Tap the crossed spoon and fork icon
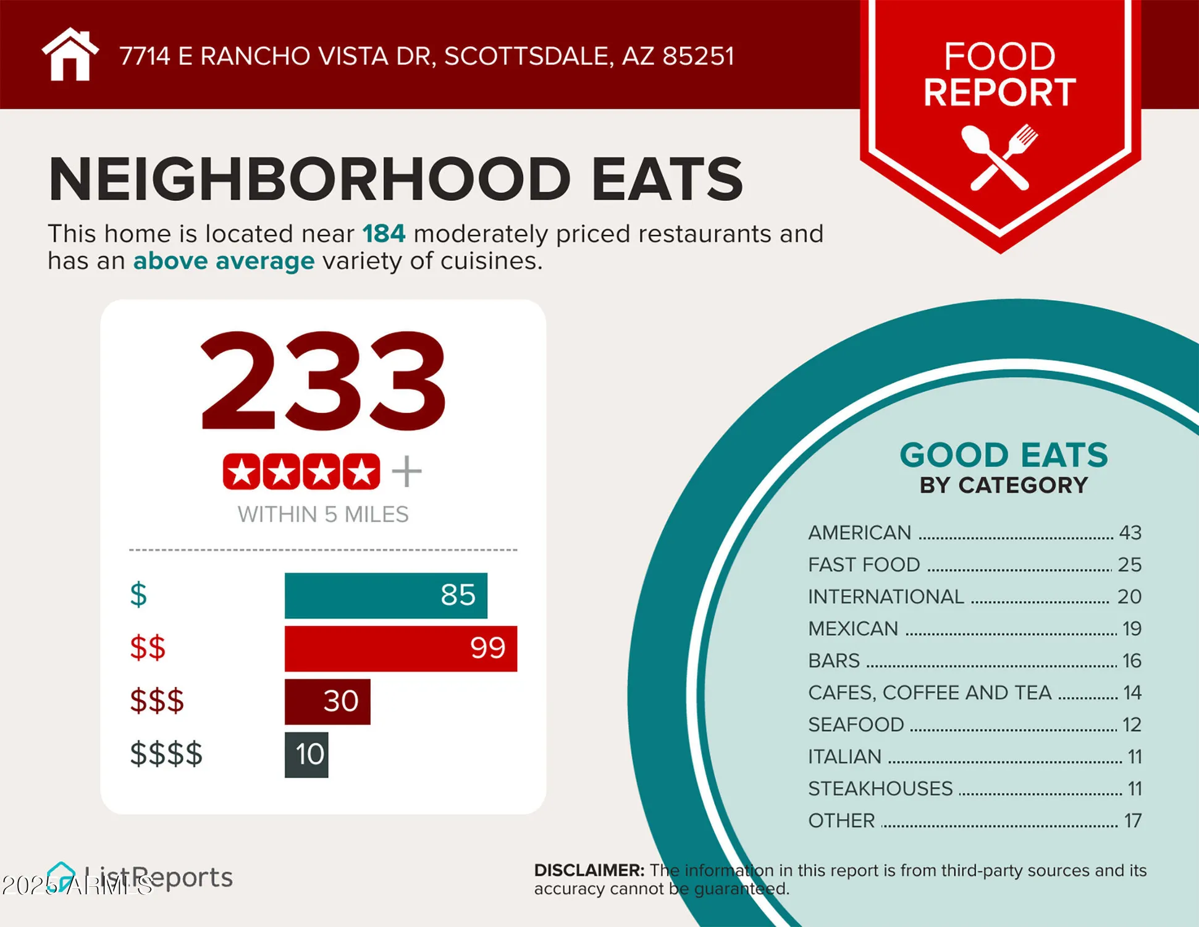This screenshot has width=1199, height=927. coord(999,157)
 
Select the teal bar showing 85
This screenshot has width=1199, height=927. coord(385,595)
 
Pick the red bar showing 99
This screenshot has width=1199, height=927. coord(400,648)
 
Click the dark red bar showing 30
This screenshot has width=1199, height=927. coord(327,701)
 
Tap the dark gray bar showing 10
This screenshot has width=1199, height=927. coord(306,755)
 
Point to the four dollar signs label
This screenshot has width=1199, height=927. coord(166,754)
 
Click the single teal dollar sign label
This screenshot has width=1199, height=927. coord(138,595)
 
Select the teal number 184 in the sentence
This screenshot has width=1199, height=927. coord(384,234)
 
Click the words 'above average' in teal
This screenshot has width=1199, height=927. coord(224,261)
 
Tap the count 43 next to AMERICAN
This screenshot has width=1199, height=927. coord(1130,533)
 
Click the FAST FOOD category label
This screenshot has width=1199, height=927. coord(864,564)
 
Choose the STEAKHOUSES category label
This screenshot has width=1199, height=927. coord(880,789)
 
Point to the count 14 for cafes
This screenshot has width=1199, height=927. coord(1132,693)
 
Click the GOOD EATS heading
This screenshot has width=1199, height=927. coord(1003,455)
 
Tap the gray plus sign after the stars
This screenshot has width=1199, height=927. coord(406,472)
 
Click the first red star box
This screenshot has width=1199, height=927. coord(241,472)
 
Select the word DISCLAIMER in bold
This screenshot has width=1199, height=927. coord(589,870)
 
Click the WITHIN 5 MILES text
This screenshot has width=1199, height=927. coord(322,514)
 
